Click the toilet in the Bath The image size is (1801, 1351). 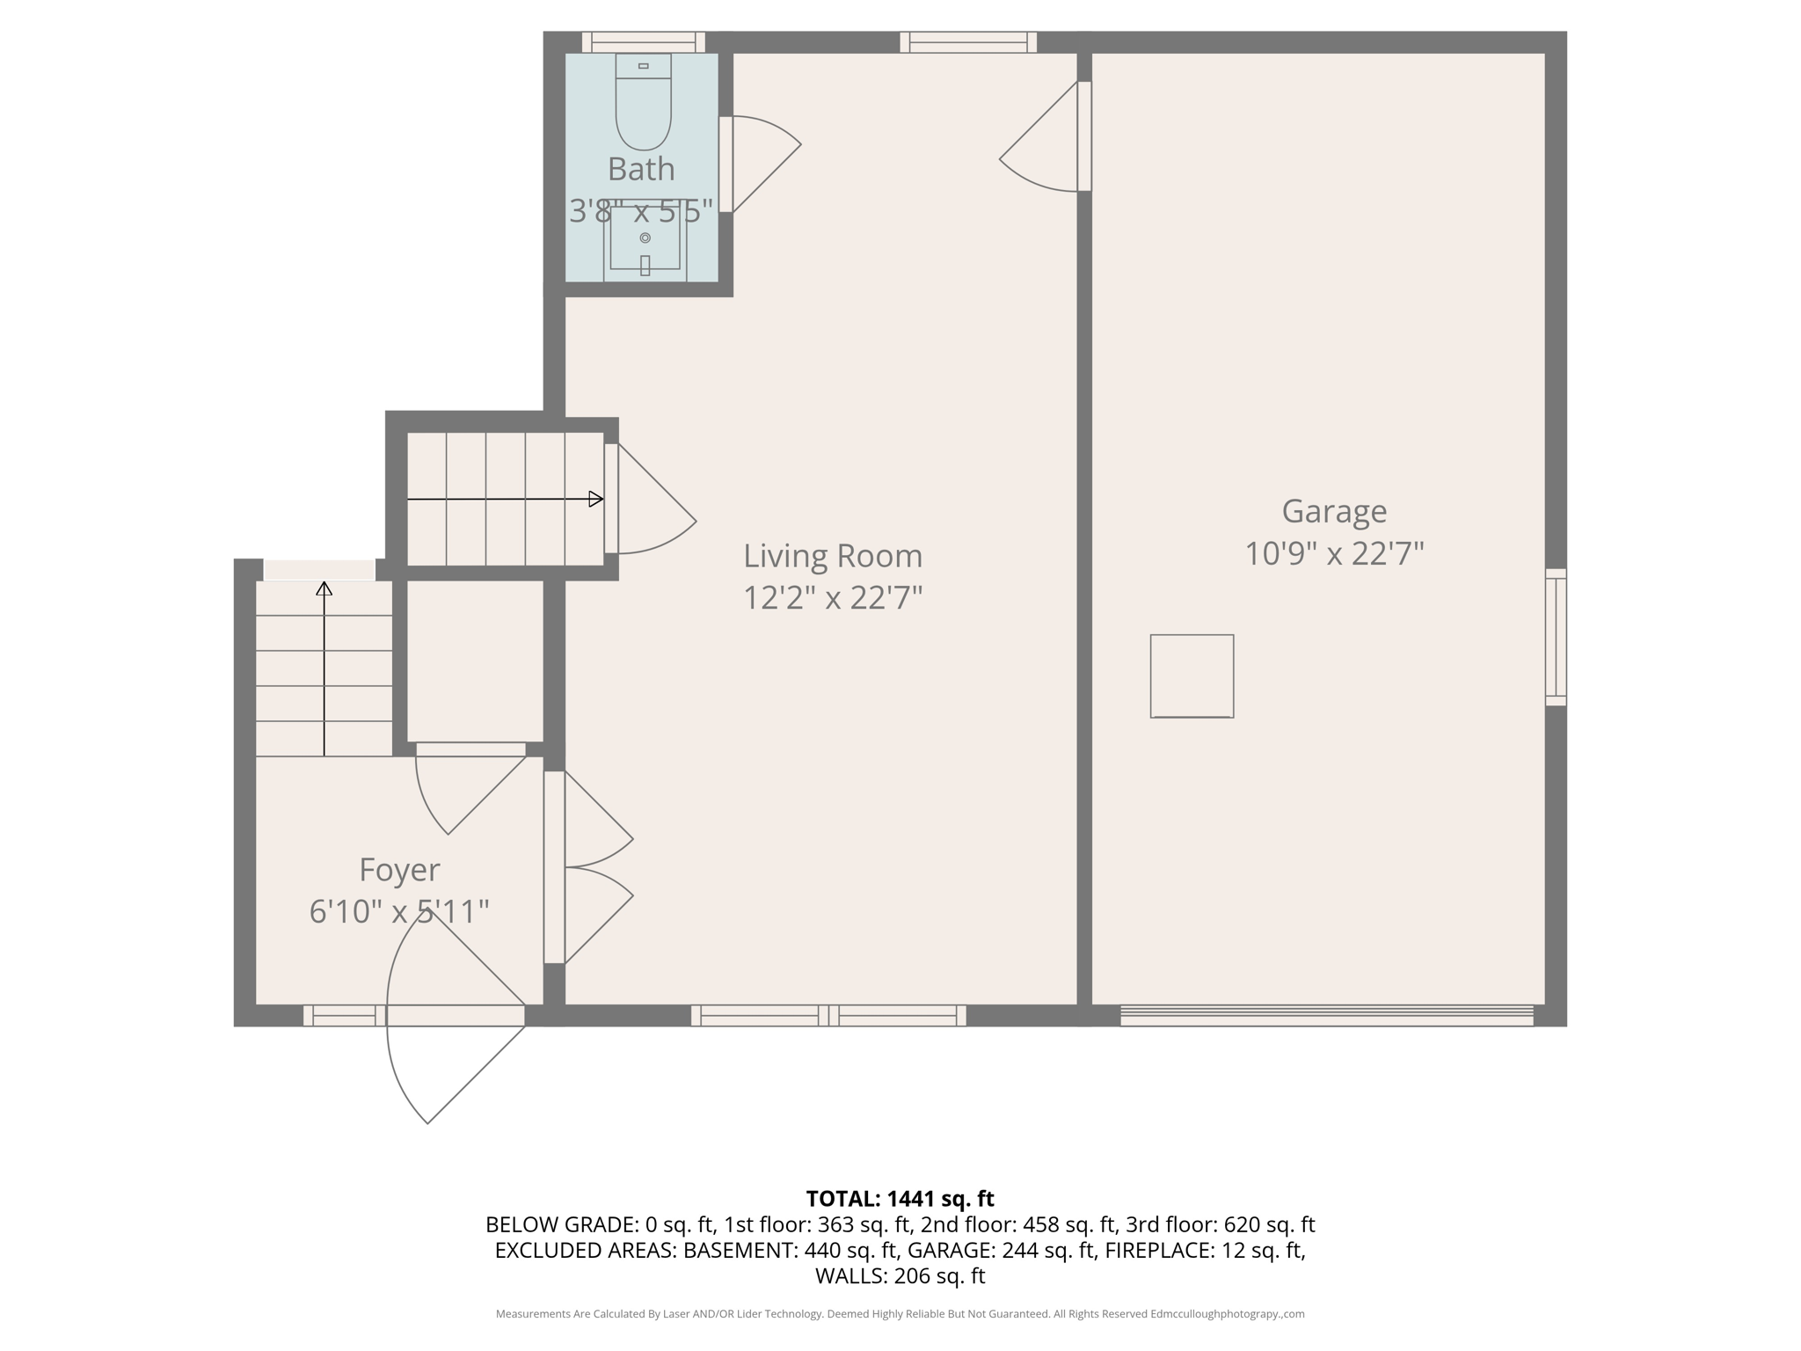tap(643, 104)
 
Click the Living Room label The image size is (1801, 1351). tap(833, 556)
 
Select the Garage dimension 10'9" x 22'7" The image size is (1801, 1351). tap(1334, 554)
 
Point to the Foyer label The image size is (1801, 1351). tap(399, 870)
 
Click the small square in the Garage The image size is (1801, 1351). tap(1192, 676)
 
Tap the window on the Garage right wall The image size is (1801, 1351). tap(1556, 637)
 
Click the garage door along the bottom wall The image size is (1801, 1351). tap(1326, 1016)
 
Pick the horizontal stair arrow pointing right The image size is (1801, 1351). tap(506, 500)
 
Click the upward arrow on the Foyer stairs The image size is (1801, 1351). tap(324, 668)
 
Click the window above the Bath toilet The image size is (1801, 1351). tap(644, 42)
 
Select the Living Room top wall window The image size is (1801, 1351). tap(968, 42)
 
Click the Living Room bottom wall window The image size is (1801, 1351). tap(828, 1016)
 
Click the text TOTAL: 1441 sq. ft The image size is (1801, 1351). tap(900, 1199)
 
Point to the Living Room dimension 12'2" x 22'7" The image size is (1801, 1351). tap(833, 598)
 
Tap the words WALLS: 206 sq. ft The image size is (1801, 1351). tap(900, 1276)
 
